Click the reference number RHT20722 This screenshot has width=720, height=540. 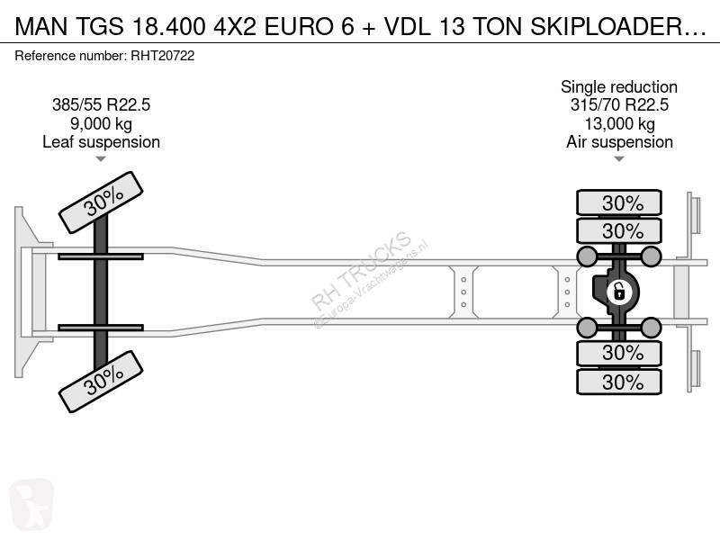(x=163, y=56)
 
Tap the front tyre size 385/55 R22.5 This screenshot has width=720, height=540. (x=101, y=104)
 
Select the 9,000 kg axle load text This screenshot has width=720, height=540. (x=101, y=123)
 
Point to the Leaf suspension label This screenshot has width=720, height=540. (x=101, y=142)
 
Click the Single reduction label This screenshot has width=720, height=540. (x=619, y=86)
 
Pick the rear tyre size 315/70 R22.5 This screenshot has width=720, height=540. (x=619, y=104)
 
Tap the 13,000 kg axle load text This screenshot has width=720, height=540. (x=619, y=123)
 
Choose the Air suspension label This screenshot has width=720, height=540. (x=619, y=142)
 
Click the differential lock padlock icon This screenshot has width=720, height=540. (x=618, y=292)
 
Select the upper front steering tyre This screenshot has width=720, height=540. (x=101, y=202)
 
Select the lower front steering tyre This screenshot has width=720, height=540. (x=101, y=382)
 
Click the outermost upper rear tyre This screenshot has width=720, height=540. (x=619, y=202)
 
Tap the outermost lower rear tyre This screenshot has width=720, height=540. (x=619, y=382)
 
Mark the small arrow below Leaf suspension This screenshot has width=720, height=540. (x=101, y=159)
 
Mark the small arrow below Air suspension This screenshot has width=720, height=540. (x=619, y=159)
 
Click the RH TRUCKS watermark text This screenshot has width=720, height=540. (x=361, y=271)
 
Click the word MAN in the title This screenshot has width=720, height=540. (x=41, y=27)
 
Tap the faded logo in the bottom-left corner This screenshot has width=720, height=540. (x=31, y=504)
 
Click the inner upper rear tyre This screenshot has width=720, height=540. (x=619, y=230)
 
